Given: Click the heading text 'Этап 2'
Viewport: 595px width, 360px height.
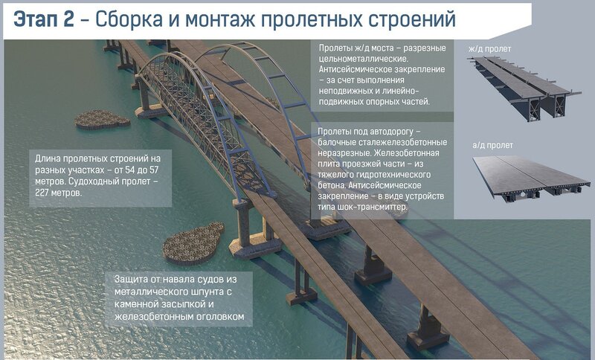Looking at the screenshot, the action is tap(44, 19).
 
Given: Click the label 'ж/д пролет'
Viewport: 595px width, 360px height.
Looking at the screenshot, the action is tap(489, 49).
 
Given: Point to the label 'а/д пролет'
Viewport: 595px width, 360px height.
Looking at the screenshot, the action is tap(492, 145).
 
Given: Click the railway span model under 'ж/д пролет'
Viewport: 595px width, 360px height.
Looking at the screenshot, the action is tap(524, 88).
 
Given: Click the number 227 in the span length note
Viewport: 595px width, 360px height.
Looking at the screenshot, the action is tap(42, 193).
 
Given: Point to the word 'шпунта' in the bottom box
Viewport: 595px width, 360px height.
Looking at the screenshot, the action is tap(207, 292).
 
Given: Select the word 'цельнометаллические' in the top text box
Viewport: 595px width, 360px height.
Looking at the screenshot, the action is tap(363, 60).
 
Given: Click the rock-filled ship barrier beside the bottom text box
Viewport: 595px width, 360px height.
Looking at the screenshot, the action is tap(193, 243).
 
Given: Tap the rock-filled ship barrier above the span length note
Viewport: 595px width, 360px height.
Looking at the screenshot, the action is tap(101, 120).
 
